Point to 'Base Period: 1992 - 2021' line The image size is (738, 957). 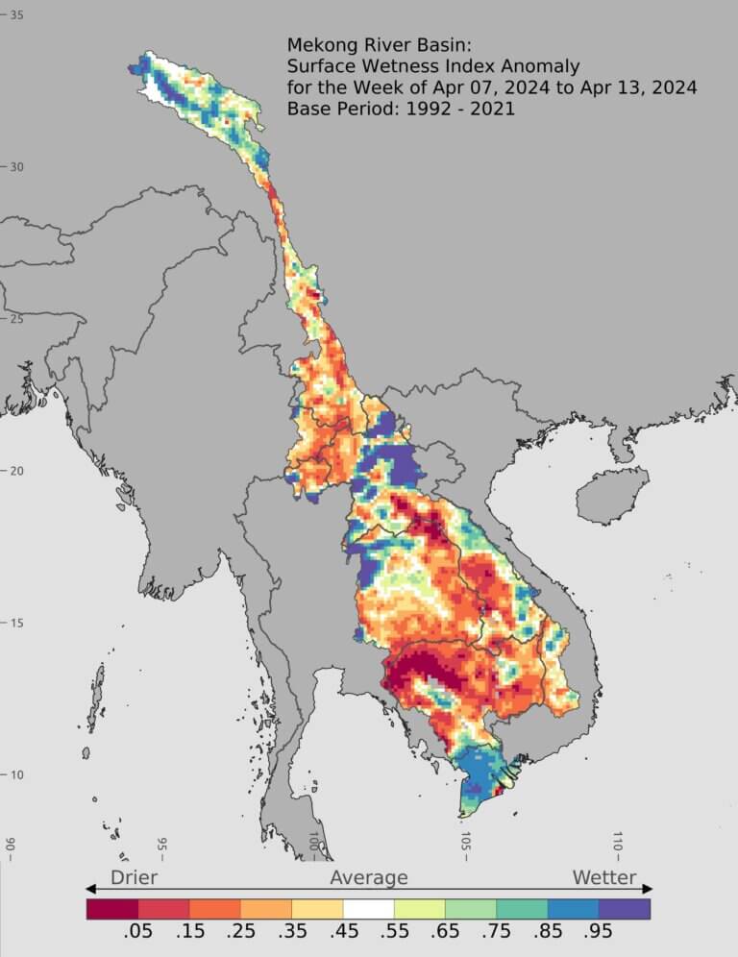click(x=401, y=109)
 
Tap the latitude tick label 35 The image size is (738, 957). click(x=16, y=15)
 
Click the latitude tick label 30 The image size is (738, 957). click(x=16, y=167)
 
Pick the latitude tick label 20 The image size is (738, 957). click(x=16, y=471)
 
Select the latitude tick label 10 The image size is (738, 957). click(x=16, y=775)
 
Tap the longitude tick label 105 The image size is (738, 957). click(x=465, y=846)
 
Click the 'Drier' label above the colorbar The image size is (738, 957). click(x=134, y=877)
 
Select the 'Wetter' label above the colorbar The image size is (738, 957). click(x=604, y=877)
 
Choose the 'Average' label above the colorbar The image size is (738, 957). click(x=369, y=877)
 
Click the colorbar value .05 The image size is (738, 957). click(x=138, y=935)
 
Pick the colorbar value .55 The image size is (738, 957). click(x=394, y=935)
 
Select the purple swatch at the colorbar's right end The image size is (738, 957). click(x=625, y=908)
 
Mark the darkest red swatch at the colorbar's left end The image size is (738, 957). click(x=112, y=908)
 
